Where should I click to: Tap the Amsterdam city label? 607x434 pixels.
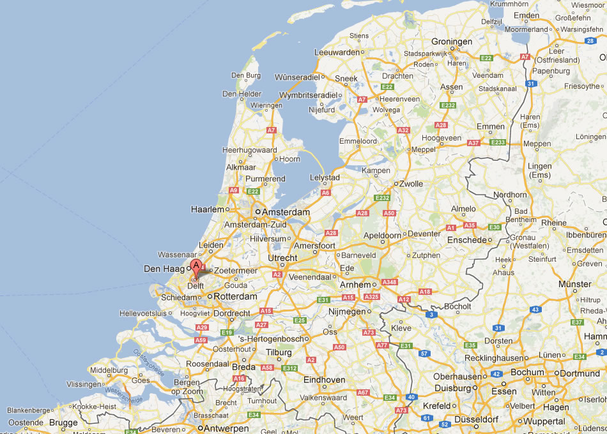point(285,212)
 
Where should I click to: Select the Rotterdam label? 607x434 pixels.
point(235,297)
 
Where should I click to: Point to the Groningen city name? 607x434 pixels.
point(452,41)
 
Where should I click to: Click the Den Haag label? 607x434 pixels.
point(164,269)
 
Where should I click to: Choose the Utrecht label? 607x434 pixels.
point(282,258)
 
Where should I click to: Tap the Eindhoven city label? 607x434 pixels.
point(324,380)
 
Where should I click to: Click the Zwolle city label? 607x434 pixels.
point(411,184)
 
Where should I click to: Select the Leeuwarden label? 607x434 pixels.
point(337,52)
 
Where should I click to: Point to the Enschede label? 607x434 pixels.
point(467,240)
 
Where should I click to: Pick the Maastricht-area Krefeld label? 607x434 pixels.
point(436,405)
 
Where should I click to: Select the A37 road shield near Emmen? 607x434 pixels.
point(473,143)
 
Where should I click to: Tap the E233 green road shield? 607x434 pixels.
point(498,142)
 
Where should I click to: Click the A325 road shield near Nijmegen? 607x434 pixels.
point(371,297)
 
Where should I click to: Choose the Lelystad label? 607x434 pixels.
point(325,177)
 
